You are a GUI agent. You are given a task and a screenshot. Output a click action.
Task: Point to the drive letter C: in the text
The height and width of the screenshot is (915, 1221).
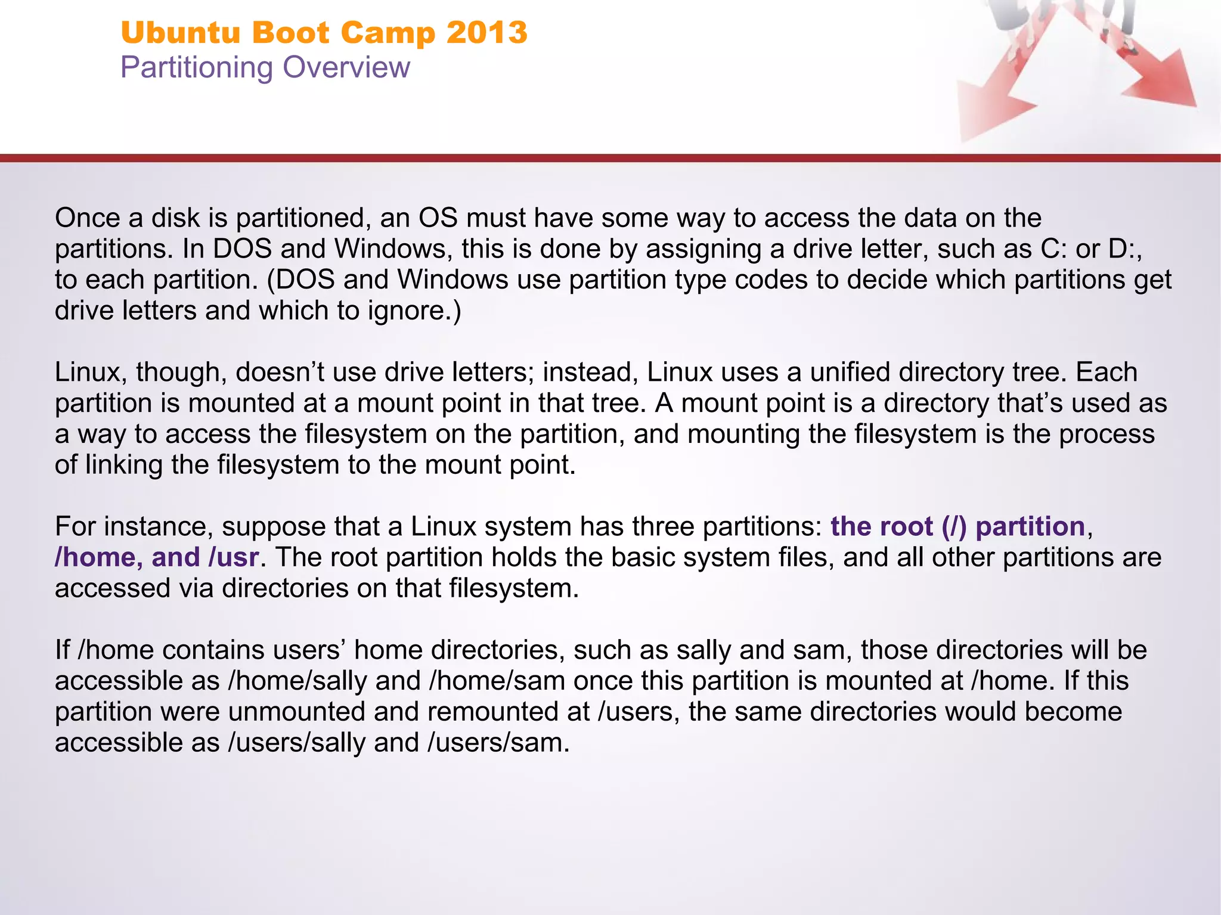coord(1053,249)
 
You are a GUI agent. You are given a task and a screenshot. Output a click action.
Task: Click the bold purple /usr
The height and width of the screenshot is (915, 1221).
coord(233,557)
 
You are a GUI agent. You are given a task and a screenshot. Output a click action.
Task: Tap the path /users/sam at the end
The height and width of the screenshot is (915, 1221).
coord(497,743)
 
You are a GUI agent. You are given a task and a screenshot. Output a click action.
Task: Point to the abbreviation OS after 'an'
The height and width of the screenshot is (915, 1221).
coord(438,218)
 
